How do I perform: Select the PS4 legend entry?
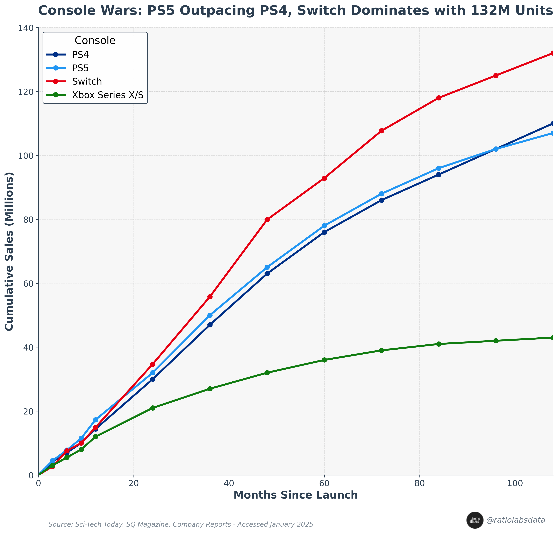[81, 54]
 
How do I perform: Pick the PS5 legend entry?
[81, 68]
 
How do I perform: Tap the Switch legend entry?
[87, 81]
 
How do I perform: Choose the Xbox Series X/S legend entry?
[108, 95]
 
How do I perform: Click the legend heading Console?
[95, 41]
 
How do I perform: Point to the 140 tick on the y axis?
[28, 28]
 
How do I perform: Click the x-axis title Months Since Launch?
[295, 495]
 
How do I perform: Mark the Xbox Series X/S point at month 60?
[324, 360]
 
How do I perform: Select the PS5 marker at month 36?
[210, 315]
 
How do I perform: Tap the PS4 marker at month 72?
[382, 200]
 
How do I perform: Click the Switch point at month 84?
[439, 98]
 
